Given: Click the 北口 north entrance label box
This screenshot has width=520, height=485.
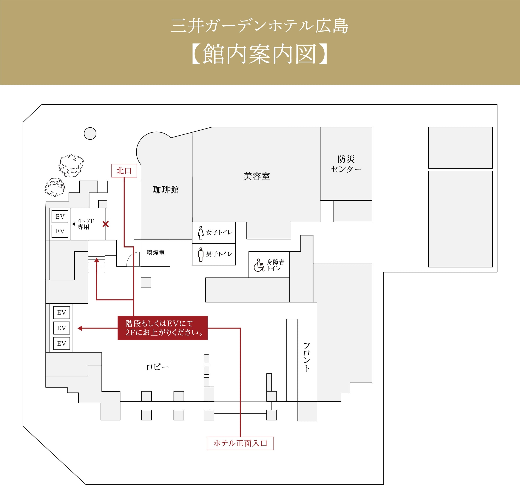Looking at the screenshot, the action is click(x=124, y=171).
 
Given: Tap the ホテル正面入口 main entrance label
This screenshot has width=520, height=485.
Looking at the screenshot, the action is click(x=240, y=443).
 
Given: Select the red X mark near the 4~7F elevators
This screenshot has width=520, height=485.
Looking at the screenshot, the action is click(x=106, y=224).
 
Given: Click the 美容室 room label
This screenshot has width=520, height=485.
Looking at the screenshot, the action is click(x=257, y=176).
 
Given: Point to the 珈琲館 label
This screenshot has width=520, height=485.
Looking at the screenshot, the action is click(x=166, y=190).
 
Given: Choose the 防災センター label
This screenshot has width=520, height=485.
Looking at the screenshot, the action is click(x=346, y=164).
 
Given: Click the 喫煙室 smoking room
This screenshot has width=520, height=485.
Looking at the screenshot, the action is click(x=156, y=253).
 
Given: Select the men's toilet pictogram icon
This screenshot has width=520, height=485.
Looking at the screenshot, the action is click(x=201, y=255).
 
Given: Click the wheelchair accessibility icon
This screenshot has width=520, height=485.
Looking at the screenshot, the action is click(x=259, y=265).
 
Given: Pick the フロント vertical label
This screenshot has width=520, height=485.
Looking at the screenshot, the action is click(x=307, y=357).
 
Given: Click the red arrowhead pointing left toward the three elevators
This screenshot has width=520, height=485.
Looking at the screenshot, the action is click(x=80, y=328).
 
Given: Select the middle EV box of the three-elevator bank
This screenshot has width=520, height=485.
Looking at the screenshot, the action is click(x=62, y=328).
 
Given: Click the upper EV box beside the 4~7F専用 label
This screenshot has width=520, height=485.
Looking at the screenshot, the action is click(x=60, y=217).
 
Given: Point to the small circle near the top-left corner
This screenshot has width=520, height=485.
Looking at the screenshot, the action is click(x=90, y=133).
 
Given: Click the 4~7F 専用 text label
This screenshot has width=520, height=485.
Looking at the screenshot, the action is click(x=86, y=224).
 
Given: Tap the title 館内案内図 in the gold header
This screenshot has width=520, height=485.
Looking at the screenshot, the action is click(x=260, y=54).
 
